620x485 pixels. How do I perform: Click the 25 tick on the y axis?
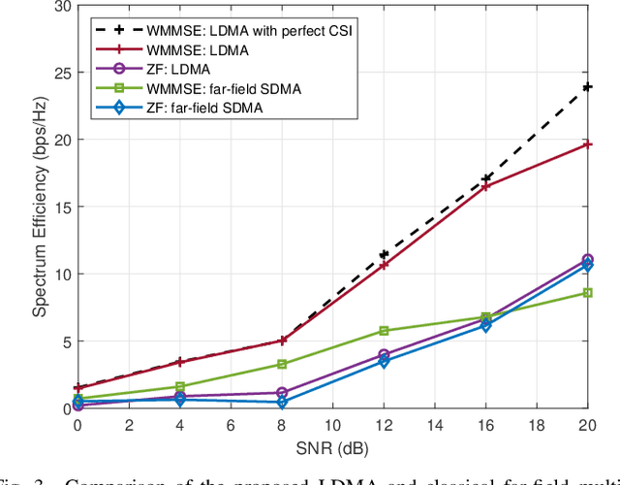pyautogui.click(x=63, y=73)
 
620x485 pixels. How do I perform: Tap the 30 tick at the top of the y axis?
pyautogui.click(x=63, y=6)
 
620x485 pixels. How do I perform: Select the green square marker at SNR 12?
pyautogui.click(x=384, y=331)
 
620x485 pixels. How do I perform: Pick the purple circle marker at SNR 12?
pyautogui.click(x=384, y=355)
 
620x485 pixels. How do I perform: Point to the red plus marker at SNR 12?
pyautogui.click(x=384, y=265)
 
